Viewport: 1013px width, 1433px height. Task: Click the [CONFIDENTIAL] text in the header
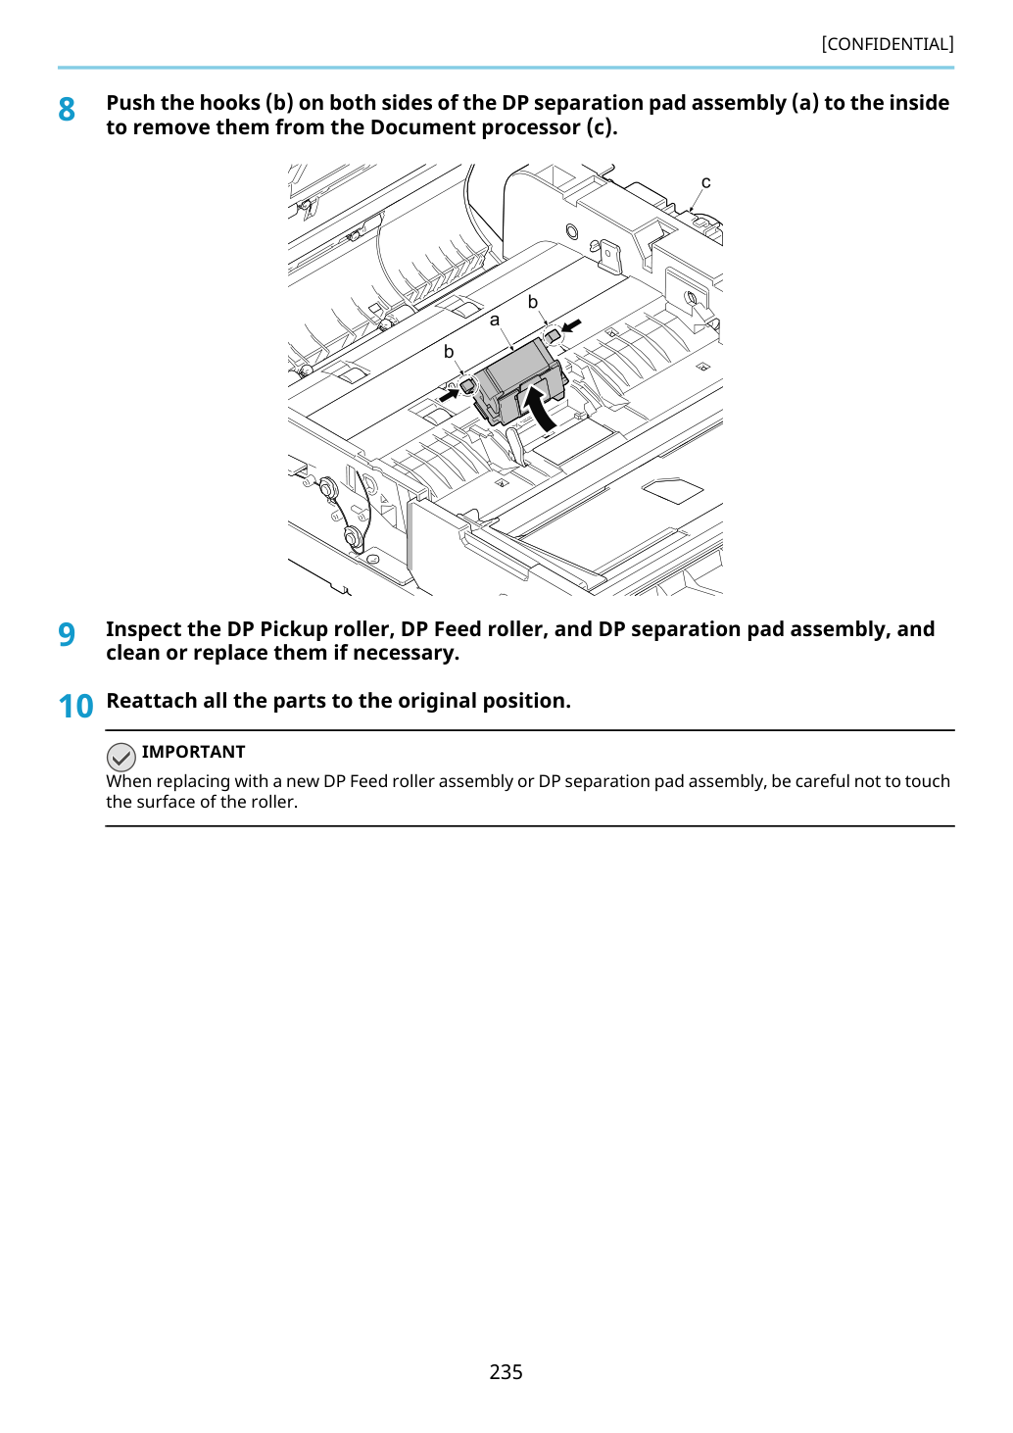pos(887,44)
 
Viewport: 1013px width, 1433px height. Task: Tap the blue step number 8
pos(67,110)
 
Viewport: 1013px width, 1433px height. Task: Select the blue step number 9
pos(67,634)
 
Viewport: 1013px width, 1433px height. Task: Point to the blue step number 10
pos(75,707)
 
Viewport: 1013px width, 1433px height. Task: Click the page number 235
pos(506,1371)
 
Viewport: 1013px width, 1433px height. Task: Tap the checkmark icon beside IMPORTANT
pos(121,757)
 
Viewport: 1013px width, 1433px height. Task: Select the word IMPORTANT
pos(193,752)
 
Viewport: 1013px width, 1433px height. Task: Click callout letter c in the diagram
pos(706,182)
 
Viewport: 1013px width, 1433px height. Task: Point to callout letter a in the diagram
pos(495,320)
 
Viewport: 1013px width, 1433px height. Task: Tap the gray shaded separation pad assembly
pos(519,382)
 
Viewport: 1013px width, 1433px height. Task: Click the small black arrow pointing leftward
pos(571,326)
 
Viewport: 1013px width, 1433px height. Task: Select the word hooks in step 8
pos(229,103)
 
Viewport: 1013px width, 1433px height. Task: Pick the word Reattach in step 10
pos(152,701)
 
